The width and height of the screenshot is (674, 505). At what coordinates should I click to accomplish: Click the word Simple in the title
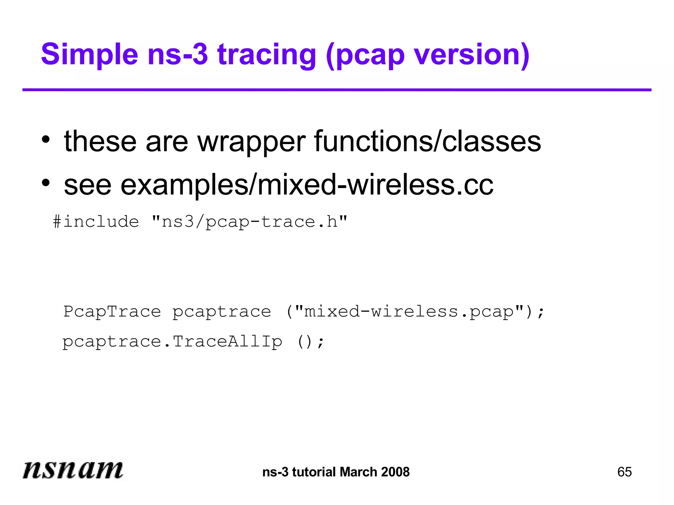coord(89,55)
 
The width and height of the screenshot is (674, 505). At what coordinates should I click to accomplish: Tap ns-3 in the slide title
coord(178,55)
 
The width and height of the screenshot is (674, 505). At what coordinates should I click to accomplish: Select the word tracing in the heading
coord(267,55)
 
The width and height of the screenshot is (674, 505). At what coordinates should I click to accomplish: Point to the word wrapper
coord(251,142)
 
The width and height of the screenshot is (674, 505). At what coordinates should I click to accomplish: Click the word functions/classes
coord(428,142)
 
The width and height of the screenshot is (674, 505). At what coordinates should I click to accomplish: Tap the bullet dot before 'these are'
coord(46,139)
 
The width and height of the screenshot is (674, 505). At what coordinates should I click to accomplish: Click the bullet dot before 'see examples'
coord(46,183)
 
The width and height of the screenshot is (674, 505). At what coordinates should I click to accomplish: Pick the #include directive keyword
coord(96,222)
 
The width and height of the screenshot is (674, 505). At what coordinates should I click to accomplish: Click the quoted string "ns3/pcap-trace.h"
coord(249,222)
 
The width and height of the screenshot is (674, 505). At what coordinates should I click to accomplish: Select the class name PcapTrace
coord(112,311)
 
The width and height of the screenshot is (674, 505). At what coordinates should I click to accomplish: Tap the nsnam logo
coord(73,469)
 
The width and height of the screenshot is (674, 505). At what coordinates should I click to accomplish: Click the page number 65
coord(624,472)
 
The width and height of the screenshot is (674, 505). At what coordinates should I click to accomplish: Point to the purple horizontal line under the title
coord(337,90)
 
